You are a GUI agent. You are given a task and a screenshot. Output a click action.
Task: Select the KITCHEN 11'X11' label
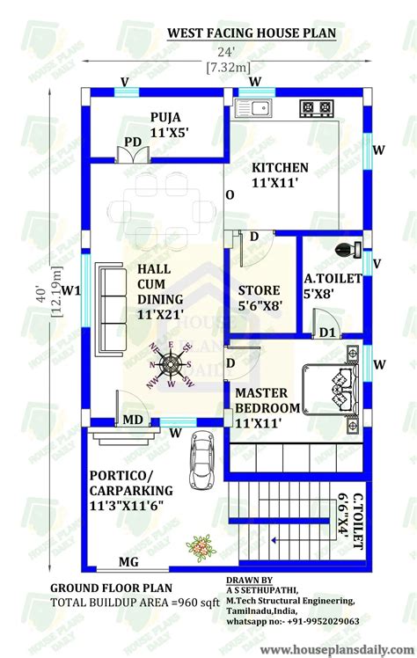[280, 174]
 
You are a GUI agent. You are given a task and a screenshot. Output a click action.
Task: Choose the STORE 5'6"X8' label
[260, 298]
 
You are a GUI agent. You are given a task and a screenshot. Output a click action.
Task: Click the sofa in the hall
[109, 305]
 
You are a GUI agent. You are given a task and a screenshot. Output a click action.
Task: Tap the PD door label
[134, 141]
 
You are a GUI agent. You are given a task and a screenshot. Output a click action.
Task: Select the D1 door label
[327, 332]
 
